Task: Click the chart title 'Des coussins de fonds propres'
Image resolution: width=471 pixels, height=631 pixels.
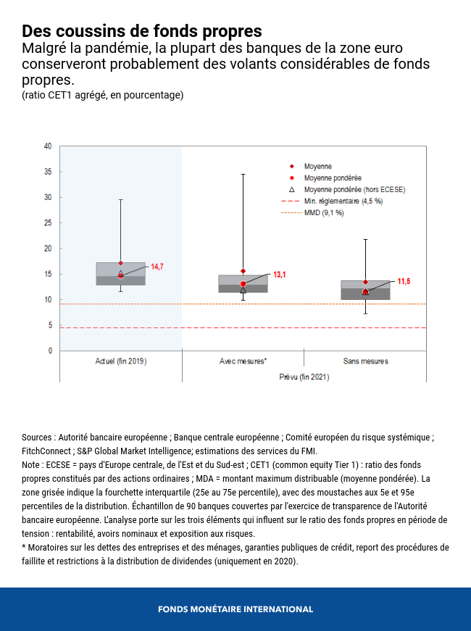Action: (x=141, y=31)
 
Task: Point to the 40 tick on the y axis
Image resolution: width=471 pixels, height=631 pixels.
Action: (x=48, y=146)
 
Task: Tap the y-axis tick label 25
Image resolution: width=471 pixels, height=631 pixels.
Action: (x=48, y=222)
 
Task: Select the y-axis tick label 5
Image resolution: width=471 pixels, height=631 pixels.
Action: (x=50, y=325)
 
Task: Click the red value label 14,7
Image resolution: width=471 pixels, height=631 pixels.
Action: (x=157, y=267)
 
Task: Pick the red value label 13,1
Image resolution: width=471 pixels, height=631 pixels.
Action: (x=280, y=275)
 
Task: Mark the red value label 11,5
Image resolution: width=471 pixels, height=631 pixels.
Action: (x=404, y=280)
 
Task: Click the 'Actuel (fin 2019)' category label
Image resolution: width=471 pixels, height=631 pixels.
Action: (x=121, y=361)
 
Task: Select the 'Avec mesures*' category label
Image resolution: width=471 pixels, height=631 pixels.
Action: (x=243, y=361)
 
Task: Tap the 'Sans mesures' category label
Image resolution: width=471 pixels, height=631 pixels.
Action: (x=365, y=361)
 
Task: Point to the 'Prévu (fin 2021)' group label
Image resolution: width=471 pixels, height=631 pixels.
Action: (x=304, y=377)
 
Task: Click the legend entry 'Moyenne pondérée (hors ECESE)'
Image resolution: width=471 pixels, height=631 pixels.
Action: (x=354, y=189)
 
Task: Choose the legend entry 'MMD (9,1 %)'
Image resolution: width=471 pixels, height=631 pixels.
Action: (x=324, y=213)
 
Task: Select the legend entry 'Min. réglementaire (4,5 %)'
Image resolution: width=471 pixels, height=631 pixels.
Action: (x=343, y=201)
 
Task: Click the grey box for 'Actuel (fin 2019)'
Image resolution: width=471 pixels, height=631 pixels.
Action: (x=121, y=274)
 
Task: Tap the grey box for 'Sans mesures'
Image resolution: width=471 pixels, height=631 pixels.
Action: (x=365, y=290)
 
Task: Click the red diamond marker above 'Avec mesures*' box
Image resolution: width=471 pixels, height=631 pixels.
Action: (x=243, y=271)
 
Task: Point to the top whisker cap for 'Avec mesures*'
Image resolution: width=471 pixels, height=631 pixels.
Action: (x=243, y=175)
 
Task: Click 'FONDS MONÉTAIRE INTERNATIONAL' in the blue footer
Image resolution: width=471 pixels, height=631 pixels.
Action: (x=236, y=609)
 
